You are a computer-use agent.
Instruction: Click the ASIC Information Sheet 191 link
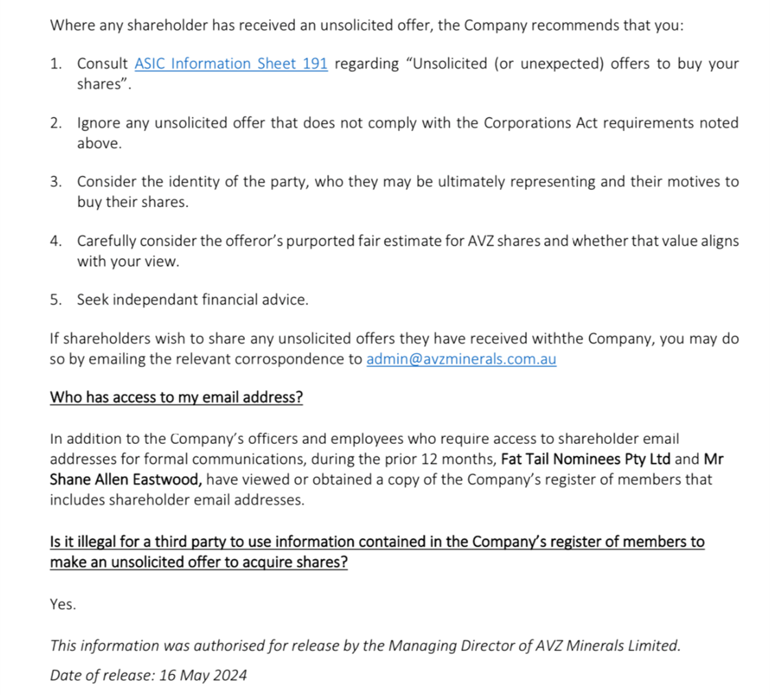(x=231, y=64)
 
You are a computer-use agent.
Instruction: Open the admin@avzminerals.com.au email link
(x=461, y=359)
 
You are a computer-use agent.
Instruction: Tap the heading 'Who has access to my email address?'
(x=176, y=398)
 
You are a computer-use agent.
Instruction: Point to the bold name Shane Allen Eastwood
(x=126, y=480)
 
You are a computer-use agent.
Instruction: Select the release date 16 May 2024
(x=202, y=674)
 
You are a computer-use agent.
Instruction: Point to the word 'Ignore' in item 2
(x=99, y=123)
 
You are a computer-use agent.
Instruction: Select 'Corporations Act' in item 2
(x=535, y=123)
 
